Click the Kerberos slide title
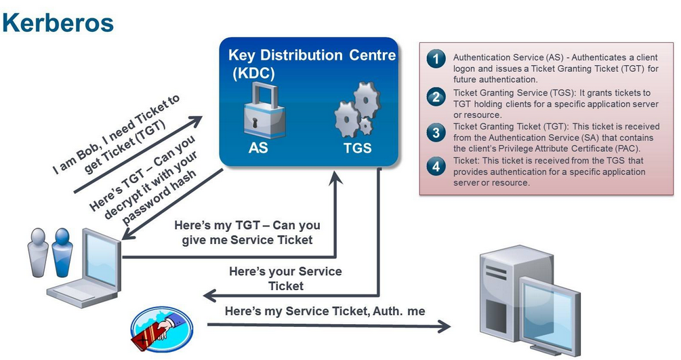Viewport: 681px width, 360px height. coord(58,23)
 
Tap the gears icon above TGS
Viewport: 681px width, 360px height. coord(357,110)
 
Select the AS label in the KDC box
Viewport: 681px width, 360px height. coord(258,148)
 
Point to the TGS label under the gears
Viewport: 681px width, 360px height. coord(357,148)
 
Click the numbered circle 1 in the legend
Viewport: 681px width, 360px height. coord(436,59)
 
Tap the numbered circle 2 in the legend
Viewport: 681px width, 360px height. coord(436,97)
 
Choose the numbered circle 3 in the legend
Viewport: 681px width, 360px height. coord(436,132)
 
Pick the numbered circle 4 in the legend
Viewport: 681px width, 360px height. coord(436,167)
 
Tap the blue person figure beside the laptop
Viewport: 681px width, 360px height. coord(62,252)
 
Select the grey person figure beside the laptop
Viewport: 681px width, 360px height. coord(38,252)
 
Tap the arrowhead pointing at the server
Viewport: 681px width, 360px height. coord(444,327)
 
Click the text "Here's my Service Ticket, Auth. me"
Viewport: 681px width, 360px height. coord(325,311)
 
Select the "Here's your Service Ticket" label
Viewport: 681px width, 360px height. coord(285,279)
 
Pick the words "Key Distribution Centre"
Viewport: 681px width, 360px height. coord(312,55)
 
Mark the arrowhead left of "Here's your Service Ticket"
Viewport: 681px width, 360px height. coord(210,296)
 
